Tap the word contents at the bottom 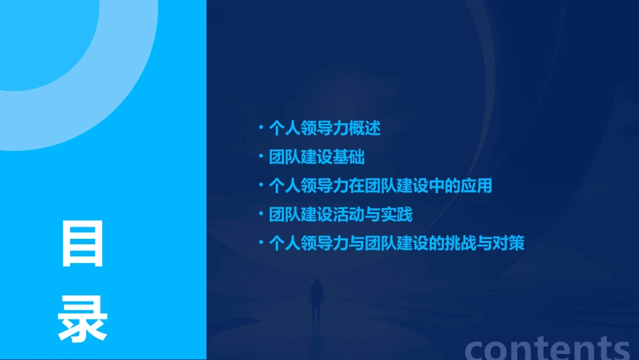548,349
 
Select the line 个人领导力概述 324,128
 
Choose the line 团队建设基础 316,157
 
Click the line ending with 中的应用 380,186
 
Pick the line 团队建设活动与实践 340,215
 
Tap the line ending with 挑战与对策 396,243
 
